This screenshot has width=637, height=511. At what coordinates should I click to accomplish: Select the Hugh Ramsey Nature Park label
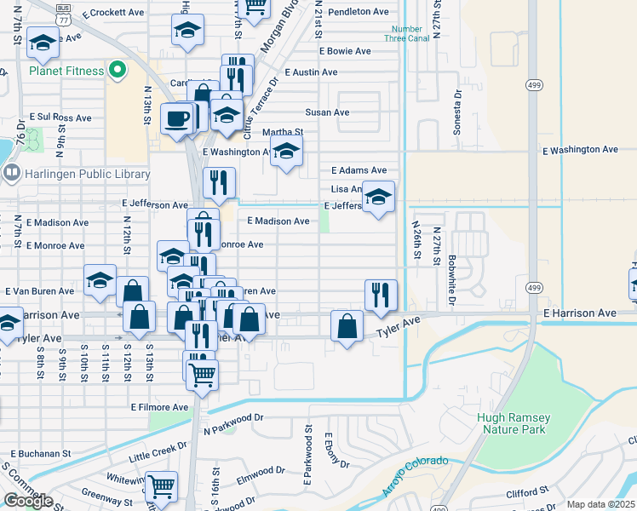[514, 424]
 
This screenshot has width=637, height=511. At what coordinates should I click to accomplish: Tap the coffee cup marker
[177, 118]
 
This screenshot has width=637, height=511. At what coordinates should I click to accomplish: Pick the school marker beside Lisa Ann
[378, 198]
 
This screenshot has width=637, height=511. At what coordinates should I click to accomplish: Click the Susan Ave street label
[328, 112]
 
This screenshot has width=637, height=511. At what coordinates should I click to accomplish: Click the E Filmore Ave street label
[159, 407]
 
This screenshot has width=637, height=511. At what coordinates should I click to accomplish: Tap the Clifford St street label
[525, 492]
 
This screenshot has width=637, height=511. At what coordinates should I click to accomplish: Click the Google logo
[27, 501]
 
